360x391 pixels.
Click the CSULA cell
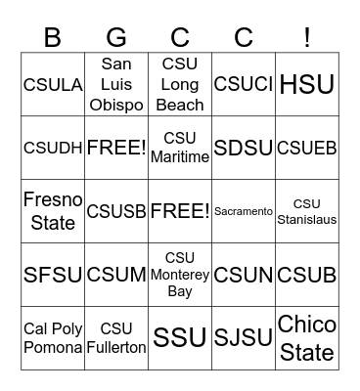[53, 85]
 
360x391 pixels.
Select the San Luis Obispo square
[116, 85]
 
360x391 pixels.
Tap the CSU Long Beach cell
[180, 85]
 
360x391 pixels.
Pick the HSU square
[307, 85]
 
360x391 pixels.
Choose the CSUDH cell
[53, 149]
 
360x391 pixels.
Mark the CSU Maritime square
[180, 149]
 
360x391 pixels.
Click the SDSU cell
[244, 149]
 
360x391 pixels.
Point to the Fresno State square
[53, 211]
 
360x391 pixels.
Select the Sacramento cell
[244, 211]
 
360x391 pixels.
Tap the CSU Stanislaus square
[307, 211]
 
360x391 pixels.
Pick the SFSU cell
[53, 275]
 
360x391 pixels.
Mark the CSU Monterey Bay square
[180, 275]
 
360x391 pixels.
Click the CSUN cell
[244, 275]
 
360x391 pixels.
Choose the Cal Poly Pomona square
[53, 337]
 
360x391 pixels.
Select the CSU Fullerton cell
[116, 337]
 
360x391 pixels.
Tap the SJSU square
[244, 337]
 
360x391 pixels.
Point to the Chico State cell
[307, 337]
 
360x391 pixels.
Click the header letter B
[53, 38]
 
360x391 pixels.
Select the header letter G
[116, 38]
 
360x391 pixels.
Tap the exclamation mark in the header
[307, 38]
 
